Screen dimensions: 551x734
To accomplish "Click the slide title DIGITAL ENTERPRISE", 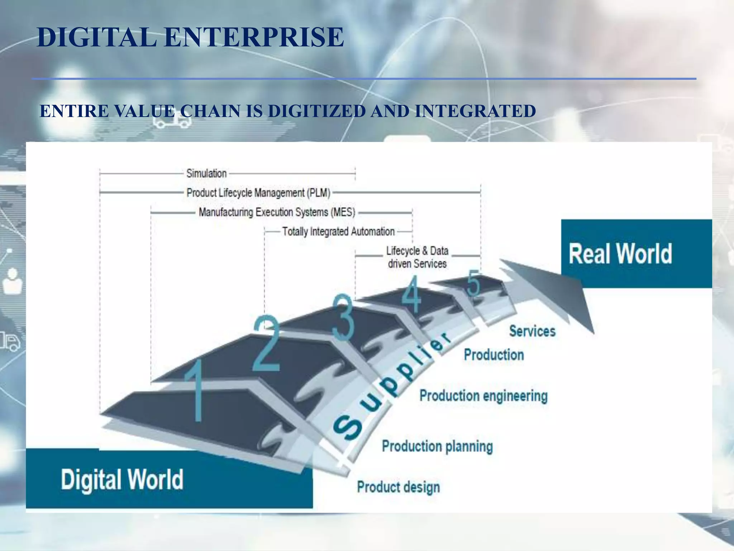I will pyautogui.click(x=190, y=37).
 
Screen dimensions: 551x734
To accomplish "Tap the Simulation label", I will pyautogui.click(x=206, y=174).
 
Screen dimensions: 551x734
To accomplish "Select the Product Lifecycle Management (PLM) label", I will pyautogui.click(x=258, y=193).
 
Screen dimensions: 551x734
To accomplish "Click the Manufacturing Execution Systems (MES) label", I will pyautogui.click(x=277, y=212).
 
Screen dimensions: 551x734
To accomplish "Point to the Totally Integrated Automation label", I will pyautogui.click(x=338, y=232).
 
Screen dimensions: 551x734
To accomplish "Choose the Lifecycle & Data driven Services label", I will pyautogui.click(x=417, y=257).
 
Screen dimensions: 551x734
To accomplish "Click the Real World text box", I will pyautogui.click(x=620, y=254).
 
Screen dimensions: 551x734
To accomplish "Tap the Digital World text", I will pyautogui.click(x=122, y=480).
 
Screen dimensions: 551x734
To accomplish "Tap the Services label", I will pyautogui.click(x=532, y=331).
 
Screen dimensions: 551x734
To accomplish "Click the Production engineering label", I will pyautogui.click(x=483, y=396).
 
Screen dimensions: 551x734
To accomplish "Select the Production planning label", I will pyautogui.click(x=437, y=446).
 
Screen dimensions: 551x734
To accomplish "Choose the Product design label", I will pyautogui.click(x=398, y=487).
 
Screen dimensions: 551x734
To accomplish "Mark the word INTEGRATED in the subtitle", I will pyautogui.click(x=475, y=111).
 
